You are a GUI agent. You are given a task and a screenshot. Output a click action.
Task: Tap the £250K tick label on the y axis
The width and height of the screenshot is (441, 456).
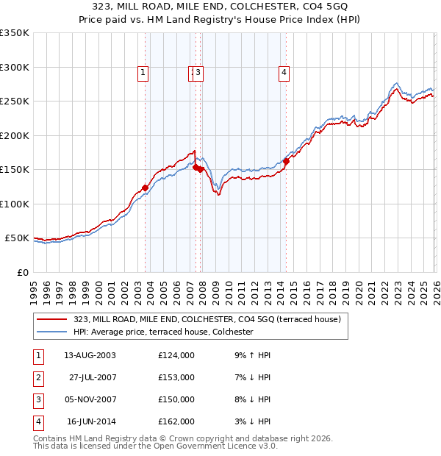pos(15,101)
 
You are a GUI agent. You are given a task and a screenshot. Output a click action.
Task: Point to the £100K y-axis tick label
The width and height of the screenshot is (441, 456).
pos(15,204)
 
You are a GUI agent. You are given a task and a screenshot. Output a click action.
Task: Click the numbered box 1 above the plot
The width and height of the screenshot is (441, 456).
pos(142,72)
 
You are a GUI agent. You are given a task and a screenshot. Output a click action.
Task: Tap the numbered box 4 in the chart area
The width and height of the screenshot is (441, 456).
pos(283,72)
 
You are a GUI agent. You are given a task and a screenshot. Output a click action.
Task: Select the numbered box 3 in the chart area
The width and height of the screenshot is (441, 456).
pos(198,72)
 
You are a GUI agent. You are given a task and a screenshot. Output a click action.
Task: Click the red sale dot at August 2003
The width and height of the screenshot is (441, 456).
pos(146,188)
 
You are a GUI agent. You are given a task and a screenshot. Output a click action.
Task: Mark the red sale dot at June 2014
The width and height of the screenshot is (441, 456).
pos(286,162)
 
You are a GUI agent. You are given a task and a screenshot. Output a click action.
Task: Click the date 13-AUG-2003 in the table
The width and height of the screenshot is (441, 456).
pos(90,355)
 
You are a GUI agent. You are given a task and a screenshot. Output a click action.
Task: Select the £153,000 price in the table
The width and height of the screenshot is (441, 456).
pos(176,377)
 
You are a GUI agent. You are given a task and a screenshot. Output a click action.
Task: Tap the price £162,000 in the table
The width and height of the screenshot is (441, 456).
pos(176,421)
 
